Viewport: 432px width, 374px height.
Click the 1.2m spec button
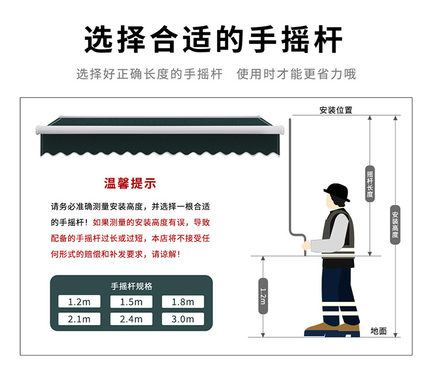[79, 301]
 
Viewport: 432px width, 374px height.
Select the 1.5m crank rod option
[131, 301]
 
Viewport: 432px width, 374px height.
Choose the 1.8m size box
[183, 301]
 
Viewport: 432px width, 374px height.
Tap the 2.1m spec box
[79, 319]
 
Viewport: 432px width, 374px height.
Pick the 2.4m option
[131, 319]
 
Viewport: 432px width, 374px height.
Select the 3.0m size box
[183, 319]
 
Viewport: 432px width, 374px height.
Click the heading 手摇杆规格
[131, 286]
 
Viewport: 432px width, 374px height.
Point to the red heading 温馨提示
[130, 183]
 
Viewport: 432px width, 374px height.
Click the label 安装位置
[336, 110]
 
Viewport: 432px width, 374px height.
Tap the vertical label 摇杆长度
[370, 184]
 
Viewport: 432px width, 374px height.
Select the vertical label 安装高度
[395, 225]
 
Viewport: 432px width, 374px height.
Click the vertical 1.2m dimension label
[263, 296]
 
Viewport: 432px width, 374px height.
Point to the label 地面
[378, 331]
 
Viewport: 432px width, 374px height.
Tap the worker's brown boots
[332, 327]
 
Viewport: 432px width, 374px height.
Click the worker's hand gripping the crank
[306, 245]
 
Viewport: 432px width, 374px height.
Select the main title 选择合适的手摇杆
[213, 39]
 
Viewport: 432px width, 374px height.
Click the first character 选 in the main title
[98, 39]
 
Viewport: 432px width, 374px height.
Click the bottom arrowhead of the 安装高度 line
[395, 335]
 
